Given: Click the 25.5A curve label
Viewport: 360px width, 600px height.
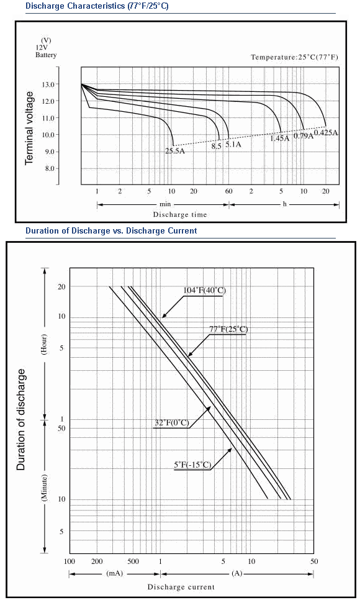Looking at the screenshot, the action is pyautogui.click(x=175, y=151).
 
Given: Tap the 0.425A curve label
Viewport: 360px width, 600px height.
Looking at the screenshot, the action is pyautogui.click(x=326, y=133).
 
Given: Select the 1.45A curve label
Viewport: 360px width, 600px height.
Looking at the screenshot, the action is pyautogui.click(x=280, y=138).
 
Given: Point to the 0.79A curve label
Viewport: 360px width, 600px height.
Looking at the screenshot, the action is pyautogui.click(x=304, y=136).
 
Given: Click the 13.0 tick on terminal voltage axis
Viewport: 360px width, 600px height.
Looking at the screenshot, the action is pyautogui.click(x=50, y=84).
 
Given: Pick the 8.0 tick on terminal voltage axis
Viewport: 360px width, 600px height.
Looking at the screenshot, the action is pyautogui.click(x=50, y=168).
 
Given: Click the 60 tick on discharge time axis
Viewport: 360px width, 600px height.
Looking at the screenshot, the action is pyautogui.click(x=229, y=191).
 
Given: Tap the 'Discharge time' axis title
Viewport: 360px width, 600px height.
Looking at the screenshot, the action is pyautogui.click(x=180, y=215).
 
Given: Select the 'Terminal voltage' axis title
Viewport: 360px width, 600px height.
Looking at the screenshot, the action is pyautogui.click(x=29, y=128).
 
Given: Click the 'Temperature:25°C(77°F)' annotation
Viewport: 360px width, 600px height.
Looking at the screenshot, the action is pyautogui.click(x=294, y=57).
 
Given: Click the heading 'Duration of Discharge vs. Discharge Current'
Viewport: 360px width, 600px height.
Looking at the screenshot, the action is pyautogui.click(x=111, y=230).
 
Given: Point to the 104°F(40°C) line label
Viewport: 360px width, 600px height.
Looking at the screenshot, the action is pyautogui.click(x=205, y=291).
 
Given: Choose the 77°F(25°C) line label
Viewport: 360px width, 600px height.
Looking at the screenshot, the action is pyautogui.click(x=228, y=329).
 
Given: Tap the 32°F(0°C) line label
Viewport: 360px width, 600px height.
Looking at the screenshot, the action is pyautogui.click(x=172, y=423).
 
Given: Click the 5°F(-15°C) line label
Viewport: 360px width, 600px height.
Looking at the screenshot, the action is pyautogui.click(x=192, y=465).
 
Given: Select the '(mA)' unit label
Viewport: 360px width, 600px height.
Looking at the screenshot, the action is pyautogui.click(x=114, y=573).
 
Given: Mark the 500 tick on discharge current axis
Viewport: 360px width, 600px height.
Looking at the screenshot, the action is pyautogui.click(x=133, y=561).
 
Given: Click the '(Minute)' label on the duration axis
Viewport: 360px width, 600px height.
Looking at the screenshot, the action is pyautogui.click(x=44, y=488).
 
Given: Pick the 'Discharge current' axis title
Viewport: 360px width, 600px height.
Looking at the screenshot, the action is pyautogui.click(x=181, y=586).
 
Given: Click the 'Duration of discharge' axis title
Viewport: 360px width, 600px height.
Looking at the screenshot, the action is pyautogui.click(x=20, y=419).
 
